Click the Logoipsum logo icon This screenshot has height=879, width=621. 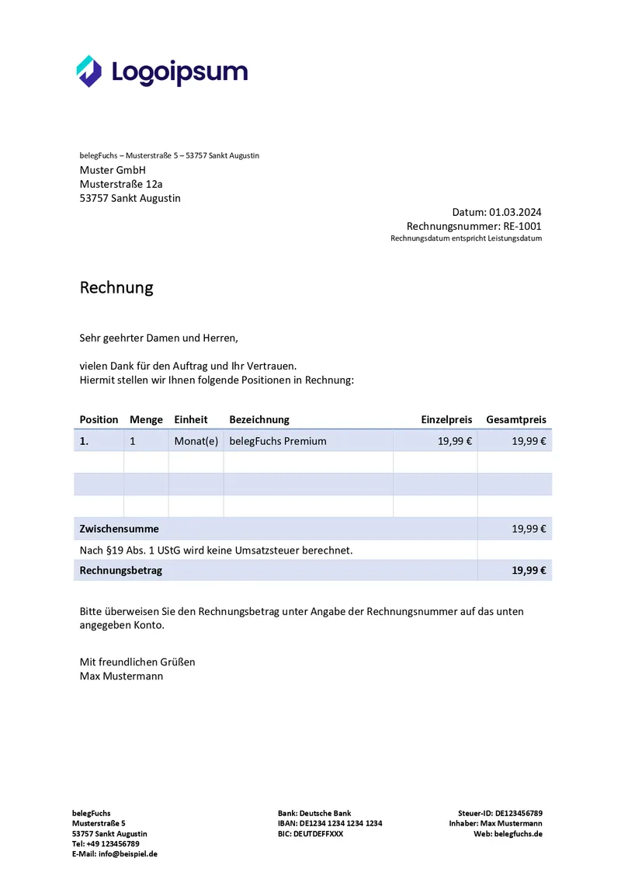89,71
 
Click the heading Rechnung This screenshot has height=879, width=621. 116,287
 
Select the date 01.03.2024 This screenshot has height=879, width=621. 515,212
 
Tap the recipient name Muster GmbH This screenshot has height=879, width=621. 113,170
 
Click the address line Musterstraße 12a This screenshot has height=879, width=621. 121,184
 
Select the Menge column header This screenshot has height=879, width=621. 146,419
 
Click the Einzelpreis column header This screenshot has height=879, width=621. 446,419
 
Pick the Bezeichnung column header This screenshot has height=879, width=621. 259,419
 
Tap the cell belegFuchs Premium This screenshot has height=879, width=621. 278,441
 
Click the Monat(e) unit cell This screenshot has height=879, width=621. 196,441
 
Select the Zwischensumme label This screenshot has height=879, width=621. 119,529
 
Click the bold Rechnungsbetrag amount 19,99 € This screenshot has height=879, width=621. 529,570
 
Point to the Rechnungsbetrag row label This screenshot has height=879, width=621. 121,570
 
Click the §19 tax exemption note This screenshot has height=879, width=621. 216,550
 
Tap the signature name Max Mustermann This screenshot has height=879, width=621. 121,676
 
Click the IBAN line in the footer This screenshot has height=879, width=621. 329,823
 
